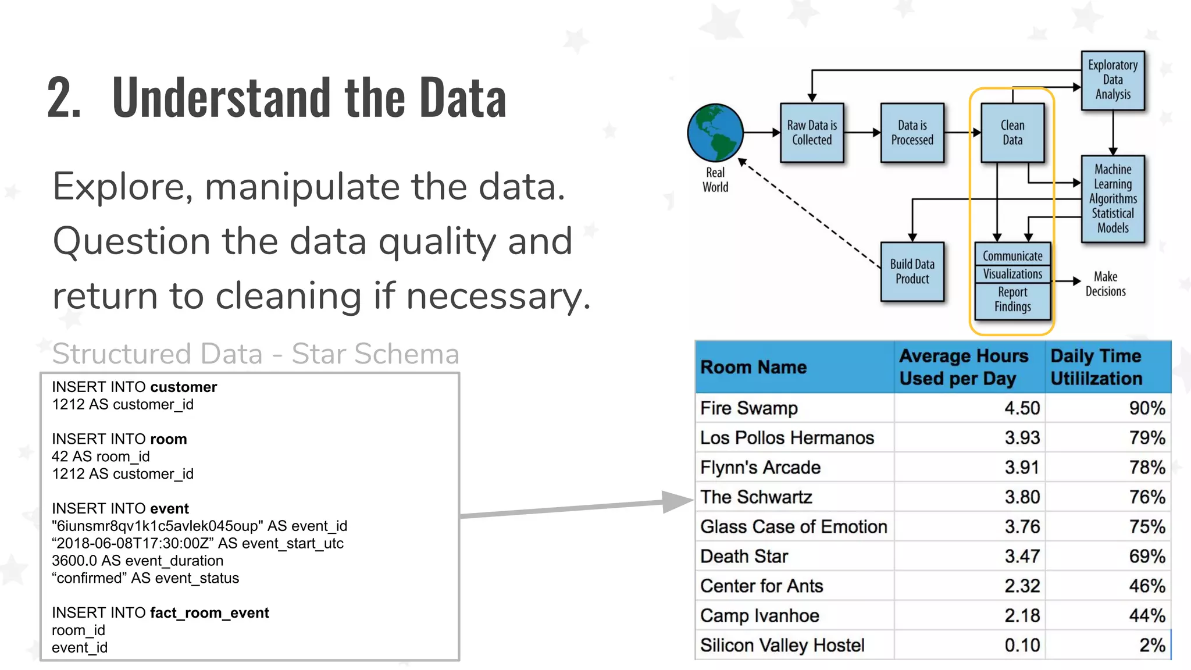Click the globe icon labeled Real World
(715, 133)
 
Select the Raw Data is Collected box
(812, 133)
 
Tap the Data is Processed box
(912, 133)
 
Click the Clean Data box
(1012, 133)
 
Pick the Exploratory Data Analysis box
(1112, 80)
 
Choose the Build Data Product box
(912, 272)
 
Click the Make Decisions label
(1105, 284)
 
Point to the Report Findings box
(1012, 300)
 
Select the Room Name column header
(754, 367)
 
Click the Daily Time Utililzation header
(1096, 367)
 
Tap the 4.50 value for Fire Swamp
(1022, 408)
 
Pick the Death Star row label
(744, 557)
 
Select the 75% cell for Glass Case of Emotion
(1147, 526)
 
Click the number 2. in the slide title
(64, 98)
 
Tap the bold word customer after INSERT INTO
(183, 387)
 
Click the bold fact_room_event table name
(209, 612)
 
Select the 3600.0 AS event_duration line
(137, 561)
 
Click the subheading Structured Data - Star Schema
(256, 354)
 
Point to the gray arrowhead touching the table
(677, 501)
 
